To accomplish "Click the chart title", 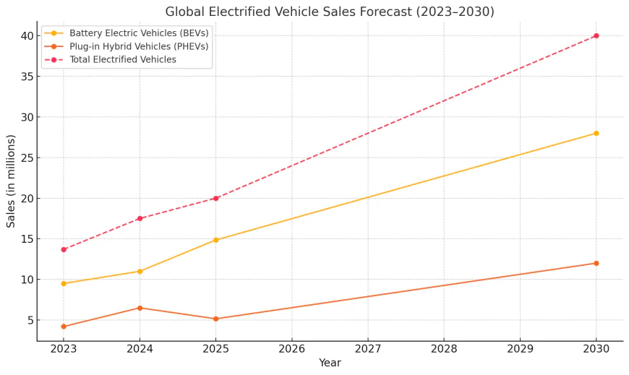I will pyautogui.click(x=330, y=12).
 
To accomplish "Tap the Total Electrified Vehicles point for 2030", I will pyautogui.click(x=596, y=35).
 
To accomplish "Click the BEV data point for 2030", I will pyautogui.click(x=596, y=133).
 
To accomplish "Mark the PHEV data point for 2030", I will pyautogui.click(x=596, y=263).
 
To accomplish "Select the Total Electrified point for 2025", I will pyautogui.click(x=215, y=198).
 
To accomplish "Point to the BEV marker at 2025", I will pyautogui.click(x=215, y=240).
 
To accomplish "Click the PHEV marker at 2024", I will pyautogui.click(x=140, y=308).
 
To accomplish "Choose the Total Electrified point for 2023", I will pyautogui.click(x=64, y=249).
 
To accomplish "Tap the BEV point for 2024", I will pyautogui.click(x=140, y=271).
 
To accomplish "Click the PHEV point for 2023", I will pyautogui.click(x=64, y=327).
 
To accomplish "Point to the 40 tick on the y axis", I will pyautogui.click(x=26, y=36).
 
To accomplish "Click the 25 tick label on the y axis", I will pyautogui.click(x=26, y=158).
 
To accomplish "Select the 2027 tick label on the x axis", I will pyautogui.click(x=368, y=348).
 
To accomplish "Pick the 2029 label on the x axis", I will pyautogui.click(x=520, y=348).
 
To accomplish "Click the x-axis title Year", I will pyautogui.click(x=330, y=363).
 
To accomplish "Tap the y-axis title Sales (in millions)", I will pyautogui.click(x=12, y=181).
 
